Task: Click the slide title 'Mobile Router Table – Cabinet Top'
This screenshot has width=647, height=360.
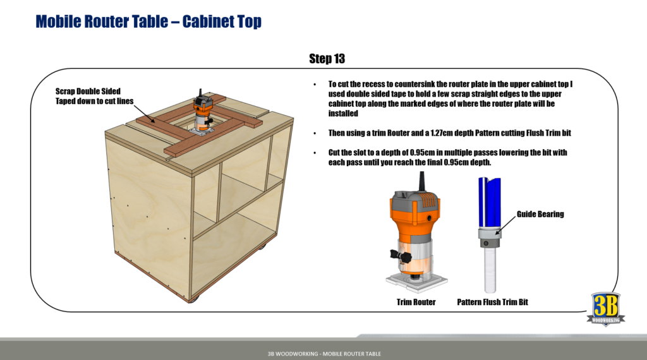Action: (x=148, y=21)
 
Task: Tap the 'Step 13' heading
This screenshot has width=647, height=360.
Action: (x=327, y=59)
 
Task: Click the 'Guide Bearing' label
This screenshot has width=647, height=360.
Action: (x=540, y=214)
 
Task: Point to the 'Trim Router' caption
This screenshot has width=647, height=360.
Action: (x=416, y=303)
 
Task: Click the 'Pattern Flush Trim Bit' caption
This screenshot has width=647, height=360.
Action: (x=492, y=303)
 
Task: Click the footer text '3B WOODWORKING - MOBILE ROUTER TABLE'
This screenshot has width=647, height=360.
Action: (x=323, y=354)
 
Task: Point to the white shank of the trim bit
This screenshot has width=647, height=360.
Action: (x=490, y=268)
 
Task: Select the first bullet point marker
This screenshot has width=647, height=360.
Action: (x=315, y=85)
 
